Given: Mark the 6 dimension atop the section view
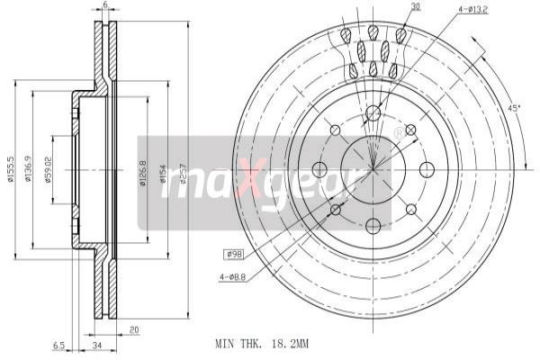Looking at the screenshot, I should (105, 6).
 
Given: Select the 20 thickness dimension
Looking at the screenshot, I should (133, 329).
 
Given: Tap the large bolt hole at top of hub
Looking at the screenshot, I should (373, 114).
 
